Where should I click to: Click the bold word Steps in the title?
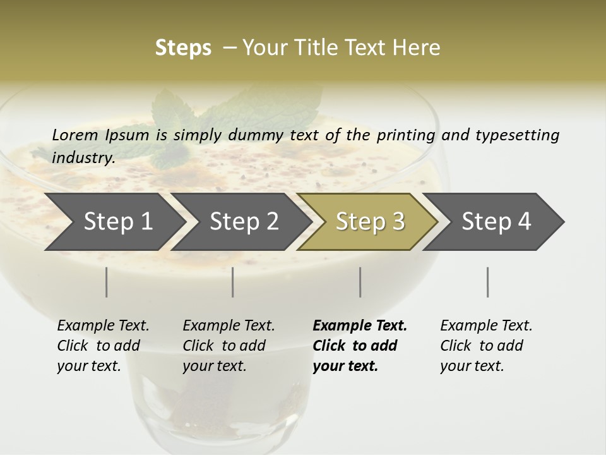(183, 48)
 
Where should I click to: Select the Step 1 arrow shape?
(114, 222)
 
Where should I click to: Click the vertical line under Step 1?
(106, 282)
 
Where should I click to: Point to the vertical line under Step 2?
(233, 282)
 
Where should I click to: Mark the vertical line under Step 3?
(360, 282)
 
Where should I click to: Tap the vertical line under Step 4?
(487, 282)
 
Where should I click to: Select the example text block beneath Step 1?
(103, 346)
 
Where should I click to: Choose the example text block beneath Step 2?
(229, 346)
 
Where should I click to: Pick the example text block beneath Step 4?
(486, 346)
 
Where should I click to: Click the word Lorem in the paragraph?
(74, 135)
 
